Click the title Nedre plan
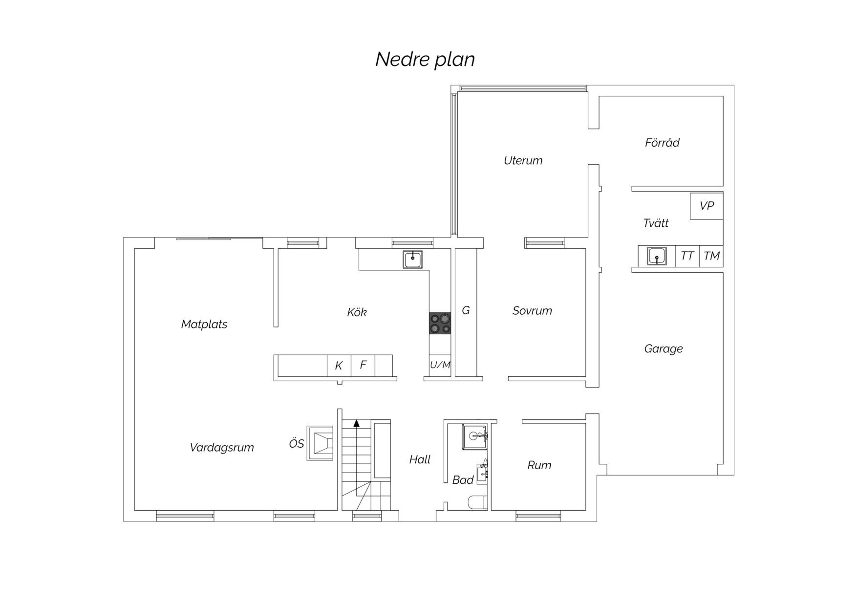click(425, 60)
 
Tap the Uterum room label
click(523, 160)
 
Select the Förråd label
click(662, 142)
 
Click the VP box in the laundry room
click(707, 206)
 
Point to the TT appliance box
click(687, 256)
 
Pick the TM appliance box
click(711, 256)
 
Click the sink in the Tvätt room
click(657, 256)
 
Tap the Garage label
click(663, 349)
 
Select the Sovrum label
click(532, 311)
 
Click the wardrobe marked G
click(466, 313)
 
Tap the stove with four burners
click(440, 324)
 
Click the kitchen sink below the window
click(413, 260)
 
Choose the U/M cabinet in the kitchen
click(440, 365)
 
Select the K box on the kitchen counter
click(339, 366)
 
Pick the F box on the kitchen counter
click(363, 366)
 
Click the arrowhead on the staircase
click(357, 423)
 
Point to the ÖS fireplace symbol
click(321, 443)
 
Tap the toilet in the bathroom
click(477, 502)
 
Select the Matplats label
click(204, 324)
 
